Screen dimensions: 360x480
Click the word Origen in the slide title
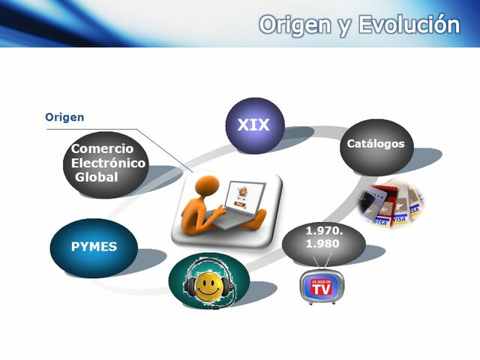pos(294,25)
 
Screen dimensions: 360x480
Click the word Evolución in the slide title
pos(409,25)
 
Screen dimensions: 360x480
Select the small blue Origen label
pos(64,117)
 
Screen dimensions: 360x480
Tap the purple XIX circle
pos(254,125)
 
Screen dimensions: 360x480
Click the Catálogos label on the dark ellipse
pos(375,143)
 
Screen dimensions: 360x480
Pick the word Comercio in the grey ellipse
pos(102,148)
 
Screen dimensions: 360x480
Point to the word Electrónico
pos(109,163)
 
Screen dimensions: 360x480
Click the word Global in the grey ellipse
pos(97,177)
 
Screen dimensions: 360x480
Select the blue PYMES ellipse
pos(94,247)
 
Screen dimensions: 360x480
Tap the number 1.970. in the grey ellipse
pos(324,230)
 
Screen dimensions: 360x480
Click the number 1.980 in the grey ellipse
pos(322,243)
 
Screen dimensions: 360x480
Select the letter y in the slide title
pos(344,27)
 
